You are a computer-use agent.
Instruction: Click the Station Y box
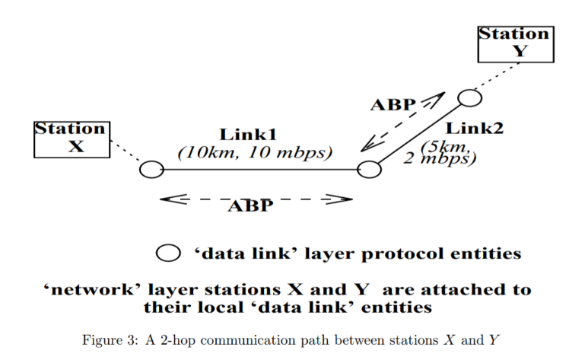tap(515, 43)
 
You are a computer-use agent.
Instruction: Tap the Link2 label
tap(475, 128)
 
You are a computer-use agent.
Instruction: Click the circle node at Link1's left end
tap(152, 170)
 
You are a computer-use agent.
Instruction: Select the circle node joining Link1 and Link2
tap(369, 169)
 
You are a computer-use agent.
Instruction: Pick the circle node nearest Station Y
tap(469, 97)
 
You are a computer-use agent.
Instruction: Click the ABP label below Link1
tap(250, 206)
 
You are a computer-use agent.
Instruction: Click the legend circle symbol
tap(168, 253)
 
